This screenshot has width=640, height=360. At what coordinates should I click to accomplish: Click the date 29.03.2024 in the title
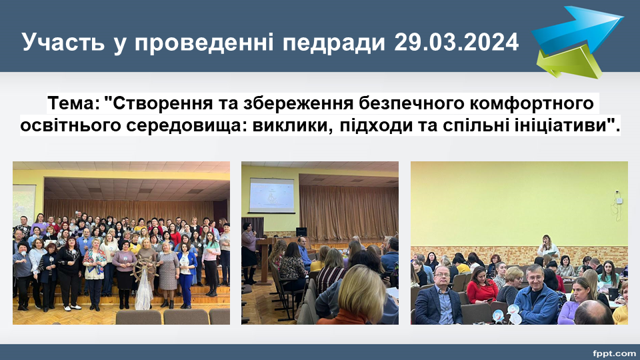(x=456, y=42)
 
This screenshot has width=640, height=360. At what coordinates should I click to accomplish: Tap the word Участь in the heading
(x=63, y=42)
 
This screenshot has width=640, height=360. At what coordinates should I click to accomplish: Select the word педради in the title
(x=334, y=43)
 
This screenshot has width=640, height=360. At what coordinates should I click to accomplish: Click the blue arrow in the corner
(x=577, y=29)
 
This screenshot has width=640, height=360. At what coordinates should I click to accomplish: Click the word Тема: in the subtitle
(x=74, y=103)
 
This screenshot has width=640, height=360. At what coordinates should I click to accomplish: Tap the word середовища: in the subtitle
(x=186, y=125)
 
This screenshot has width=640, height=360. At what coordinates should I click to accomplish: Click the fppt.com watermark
(x=614, y=353)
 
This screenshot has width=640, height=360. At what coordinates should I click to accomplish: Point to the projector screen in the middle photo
(x=271, y=195)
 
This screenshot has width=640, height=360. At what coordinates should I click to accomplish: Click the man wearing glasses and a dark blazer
(x=439, y=296)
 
